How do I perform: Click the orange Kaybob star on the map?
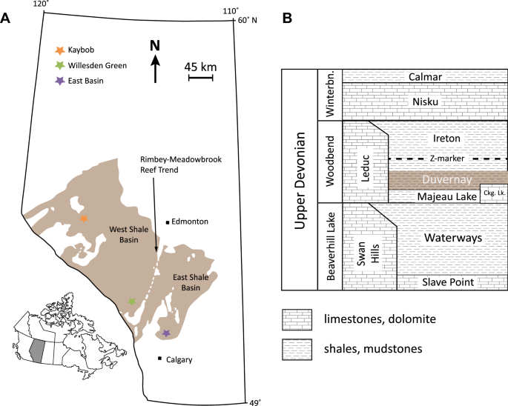pyautogui.click(x=83, y=219)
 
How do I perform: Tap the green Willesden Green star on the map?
pyautogui.click(x=132, y=302)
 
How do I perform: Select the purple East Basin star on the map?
pyautogui.click(x=166, y=333)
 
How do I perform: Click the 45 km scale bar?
pyautogui.click(x=200, y=76)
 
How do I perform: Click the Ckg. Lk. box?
pyautogui.click(x=494, y=193)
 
